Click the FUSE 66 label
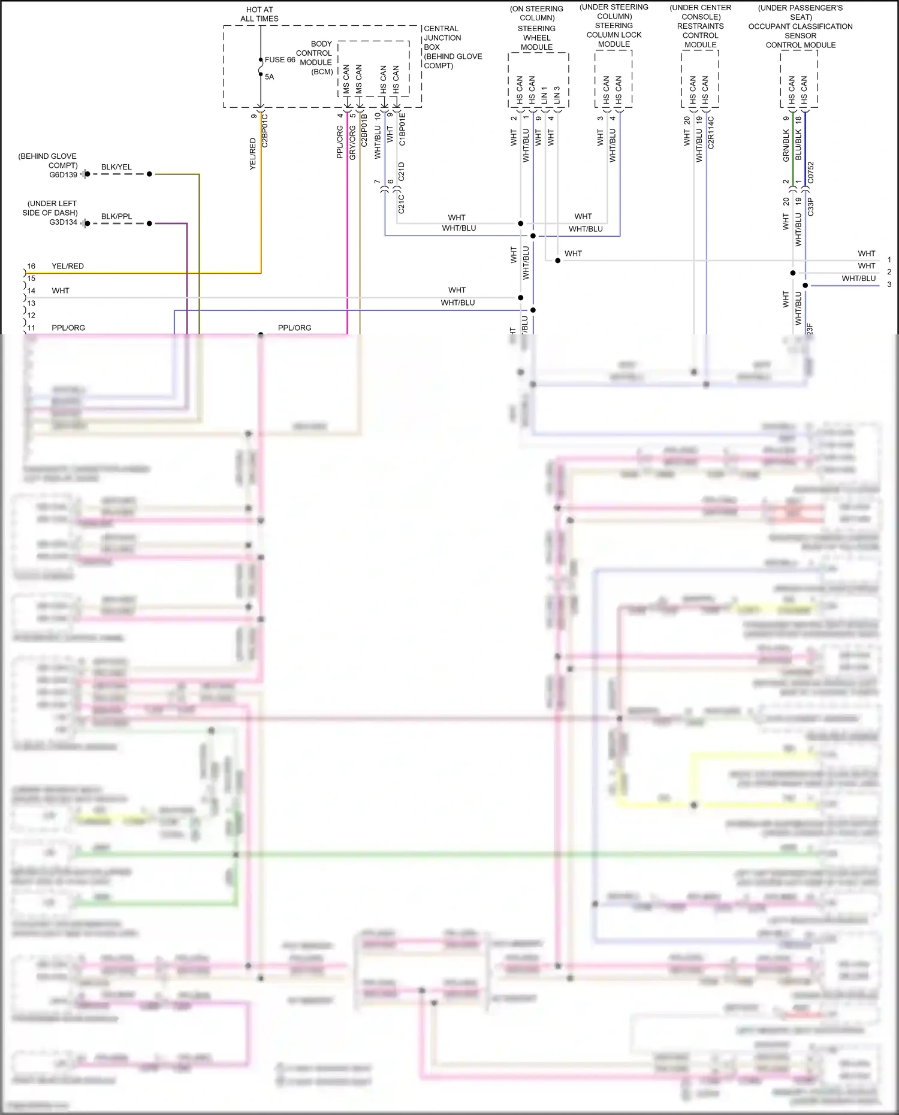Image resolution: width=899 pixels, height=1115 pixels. tap(280, 60)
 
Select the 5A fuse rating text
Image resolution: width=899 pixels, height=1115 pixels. tap(269, 77)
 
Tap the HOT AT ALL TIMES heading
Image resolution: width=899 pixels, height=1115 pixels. tap(260, 14)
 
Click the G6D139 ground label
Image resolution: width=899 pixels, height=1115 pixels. tap(63, 175)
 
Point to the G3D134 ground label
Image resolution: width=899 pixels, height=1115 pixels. tap(63, 222)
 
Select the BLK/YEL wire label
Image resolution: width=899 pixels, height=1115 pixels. tap(116, 167)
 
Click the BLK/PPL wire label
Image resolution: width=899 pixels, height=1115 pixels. tap(116, 216)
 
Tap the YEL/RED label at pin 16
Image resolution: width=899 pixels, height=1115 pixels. tap(68, 266)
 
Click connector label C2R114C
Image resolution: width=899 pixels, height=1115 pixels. tap(711, 132)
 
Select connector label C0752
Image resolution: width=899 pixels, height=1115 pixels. tap(810, 172)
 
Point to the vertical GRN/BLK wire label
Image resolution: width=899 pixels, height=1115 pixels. tap(786, 146)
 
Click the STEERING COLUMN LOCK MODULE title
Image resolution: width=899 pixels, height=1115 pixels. tap(614, 35)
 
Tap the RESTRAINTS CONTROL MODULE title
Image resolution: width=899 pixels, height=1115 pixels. tap(700, 35)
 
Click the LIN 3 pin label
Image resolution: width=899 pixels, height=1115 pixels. tap(557, 94)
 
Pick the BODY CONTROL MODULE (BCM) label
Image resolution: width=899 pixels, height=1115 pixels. tap(316, 58)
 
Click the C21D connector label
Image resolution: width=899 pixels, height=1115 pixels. tap(402, 171)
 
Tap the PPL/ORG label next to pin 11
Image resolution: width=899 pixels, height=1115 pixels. tap(68, 328)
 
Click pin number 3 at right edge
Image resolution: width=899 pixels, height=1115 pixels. tap(889, 285)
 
